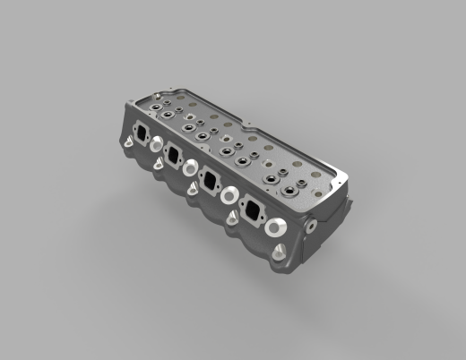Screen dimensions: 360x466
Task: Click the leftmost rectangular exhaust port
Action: pos(142,133)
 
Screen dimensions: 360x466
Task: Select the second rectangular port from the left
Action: pos(174,156)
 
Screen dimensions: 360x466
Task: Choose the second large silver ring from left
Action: pos(191,167)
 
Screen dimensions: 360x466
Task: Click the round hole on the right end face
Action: pos(310,225)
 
